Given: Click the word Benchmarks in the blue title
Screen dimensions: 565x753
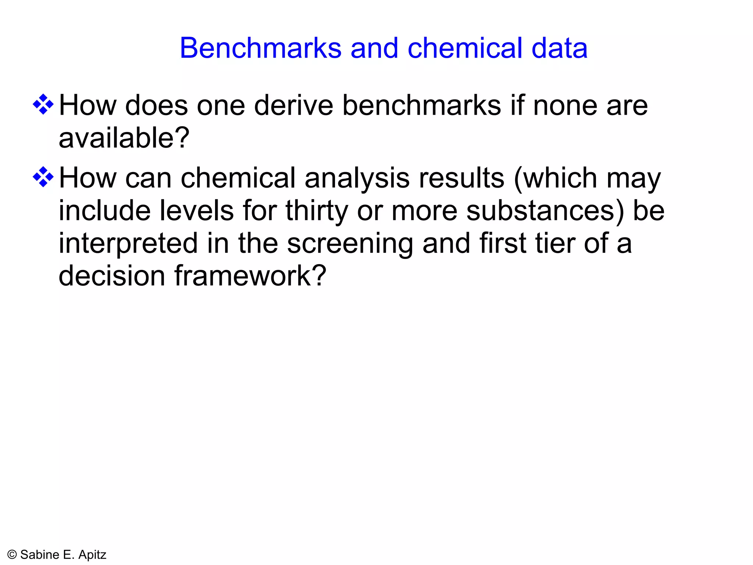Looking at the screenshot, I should click(x=260, y=48).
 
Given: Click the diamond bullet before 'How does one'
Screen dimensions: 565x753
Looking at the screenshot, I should click(x=43, y=104).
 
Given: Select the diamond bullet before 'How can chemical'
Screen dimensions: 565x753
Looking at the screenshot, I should click(x=43, y=177).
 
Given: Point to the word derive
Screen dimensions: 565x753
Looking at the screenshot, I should click(x=293, y=106).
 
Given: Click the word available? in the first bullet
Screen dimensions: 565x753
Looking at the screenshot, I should click(x=124, y=138).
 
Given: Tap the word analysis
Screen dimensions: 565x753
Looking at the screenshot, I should click(x=357, y=178).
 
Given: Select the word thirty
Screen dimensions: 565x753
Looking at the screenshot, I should click(x=317, y=211).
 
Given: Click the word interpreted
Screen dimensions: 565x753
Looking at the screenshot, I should click(x=128, y=244).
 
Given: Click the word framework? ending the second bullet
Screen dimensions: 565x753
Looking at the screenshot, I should click(x=250, y=276).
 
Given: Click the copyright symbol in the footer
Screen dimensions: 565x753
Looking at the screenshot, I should click(x=12, y=555).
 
